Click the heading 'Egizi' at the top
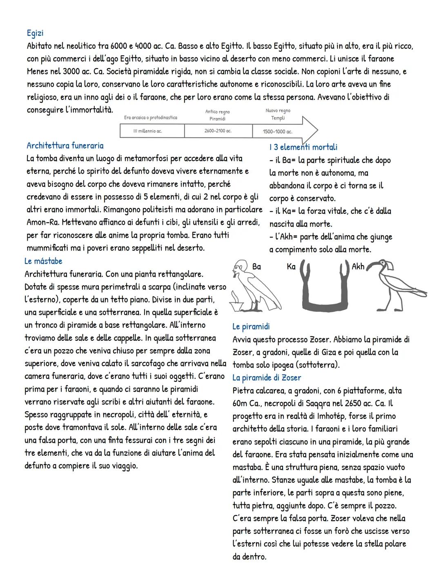[x=35, y=33]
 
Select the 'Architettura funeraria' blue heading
[x=65, y=146]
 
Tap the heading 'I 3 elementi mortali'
[x=303, y=147]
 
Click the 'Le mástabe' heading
[x=43, y=261]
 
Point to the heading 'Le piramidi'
[x=251, y=327]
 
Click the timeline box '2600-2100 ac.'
[x=218, y=131]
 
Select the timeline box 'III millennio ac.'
[x=147, y=131]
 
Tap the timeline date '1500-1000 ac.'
[x=278, y=132]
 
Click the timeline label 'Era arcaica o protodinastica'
[x=151, y=118]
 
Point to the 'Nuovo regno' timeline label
[x=278, y=111]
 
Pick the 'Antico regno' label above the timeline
[x=217, y=112]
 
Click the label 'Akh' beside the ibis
[x=358, y=266]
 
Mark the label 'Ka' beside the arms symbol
[x=291, y=266]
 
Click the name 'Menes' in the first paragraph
[x=38, y=72]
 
